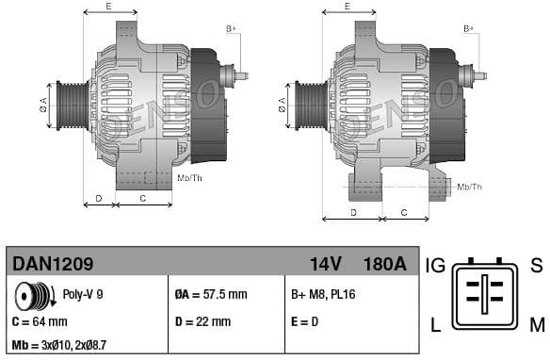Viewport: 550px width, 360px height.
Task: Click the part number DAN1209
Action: point(52,264)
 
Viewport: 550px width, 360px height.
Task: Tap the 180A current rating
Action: point(385,264)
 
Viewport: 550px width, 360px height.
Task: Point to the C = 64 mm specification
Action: point(39,321)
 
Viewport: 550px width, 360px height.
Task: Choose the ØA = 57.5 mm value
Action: point(210,295)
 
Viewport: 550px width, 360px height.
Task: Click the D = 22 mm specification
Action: point(202,321)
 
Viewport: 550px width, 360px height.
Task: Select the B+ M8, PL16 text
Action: point(324,295)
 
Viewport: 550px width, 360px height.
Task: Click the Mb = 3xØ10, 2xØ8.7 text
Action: point(58,346)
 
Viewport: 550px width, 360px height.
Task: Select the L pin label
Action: point(435,326)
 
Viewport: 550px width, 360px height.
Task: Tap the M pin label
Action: point(536,326)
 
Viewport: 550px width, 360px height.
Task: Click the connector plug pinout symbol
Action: point(485,294)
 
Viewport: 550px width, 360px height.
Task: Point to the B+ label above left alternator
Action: point(231,29)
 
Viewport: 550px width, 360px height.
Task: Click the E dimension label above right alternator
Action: point(347,7)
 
